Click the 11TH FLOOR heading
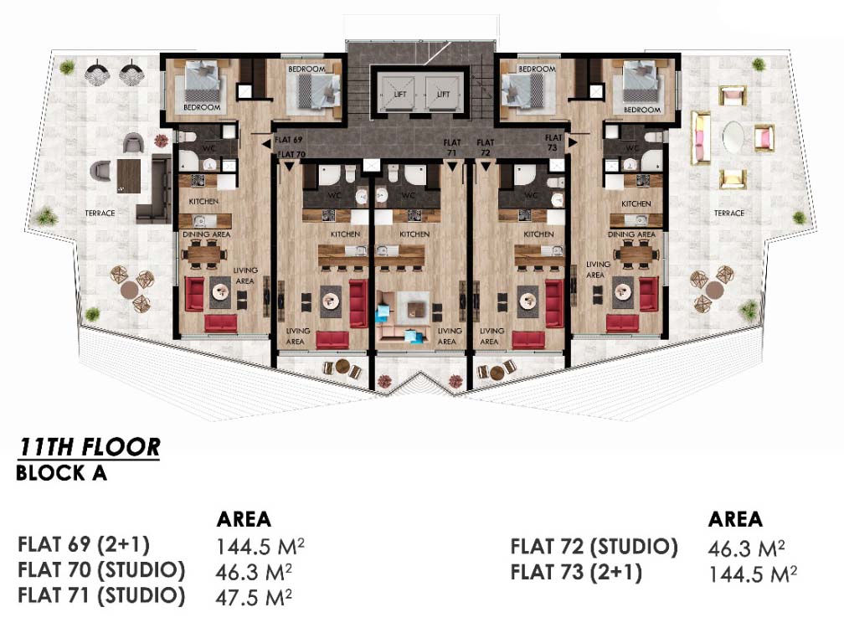pyautogui.click(x=90, y=447)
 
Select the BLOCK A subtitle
pyautogui.click(x=61, y=473)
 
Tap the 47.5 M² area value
pyautogui.click(x=254, y=597)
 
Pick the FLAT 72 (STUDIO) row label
pyautogui.click(x=594, y=547)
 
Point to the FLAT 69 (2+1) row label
pyautogui.click(x=84, y=544)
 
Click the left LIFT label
pyautogui.click(x=400, y=94)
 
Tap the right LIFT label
pyautogui.click(x=443, y=94)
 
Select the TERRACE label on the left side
pyautogui.click(x=100, y=214)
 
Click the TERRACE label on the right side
pyautogui.click(x=728, y=214)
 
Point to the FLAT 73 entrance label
pyautogui.click(x=553, y=142)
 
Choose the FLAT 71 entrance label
pyautogui.click(x=452, y=147)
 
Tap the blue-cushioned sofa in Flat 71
pyautogui.click(x=404, y=322)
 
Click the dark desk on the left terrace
pyautogui.click(x=129, y=176)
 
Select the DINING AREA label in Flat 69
pyautogui.click(x=206, y=234)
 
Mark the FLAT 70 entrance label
pyautogui.click(x=291, y=154)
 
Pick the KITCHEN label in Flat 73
pyautogui.click(x=636, y=204)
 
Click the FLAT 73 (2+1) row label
pyautogui.click(x=576, y=572)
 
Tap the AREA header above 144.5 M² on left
pyautogui.click(x=244, y=519)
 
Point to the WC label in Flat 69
pyautogui.click(x=208, y=148)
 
